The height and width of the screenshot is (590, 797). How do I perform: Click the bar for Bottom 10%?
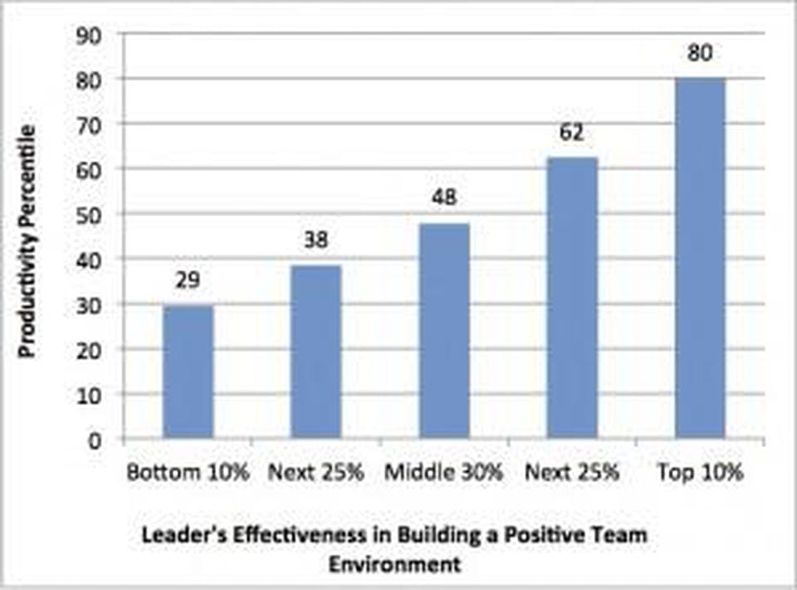[188, 372]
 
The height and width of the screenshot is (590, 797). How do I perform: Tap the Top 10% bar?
[700, 258]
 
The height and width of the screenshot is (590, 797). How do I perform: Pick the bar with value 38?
[315, 352]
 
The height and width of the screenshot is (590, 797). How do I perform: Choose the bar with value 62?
[572, 297]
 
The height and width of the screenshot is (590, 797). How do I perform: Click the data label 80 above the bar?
[701, 53]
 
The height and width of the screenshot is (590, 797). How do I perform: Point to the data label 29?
[188, 280]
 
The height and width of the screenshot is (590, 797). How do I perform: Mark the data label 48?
[444, 198]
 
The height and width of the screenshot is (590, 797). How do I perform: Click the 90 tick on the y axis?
[88, 34]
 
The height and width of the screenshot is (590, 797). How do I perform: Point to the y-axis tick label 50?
[88, 214]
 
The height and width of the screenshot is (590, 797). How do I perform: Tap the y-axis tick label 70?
[88, 124]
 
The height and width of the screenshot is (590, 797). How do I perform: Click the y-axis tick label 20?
[88, 350]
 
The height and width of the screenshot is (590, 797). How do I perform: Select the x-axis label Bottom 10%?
[188, 473]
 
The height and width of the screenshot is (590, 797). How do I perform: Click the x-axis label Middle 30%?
[444, 473]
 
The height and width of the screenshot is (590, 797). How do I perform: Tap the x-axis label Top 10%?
[701, 473]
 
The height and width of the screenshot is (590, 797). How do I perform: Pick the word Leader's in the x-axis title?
[179, 536]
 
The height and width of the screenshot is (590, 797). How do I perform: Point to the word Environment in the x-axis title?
[394, 565]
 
